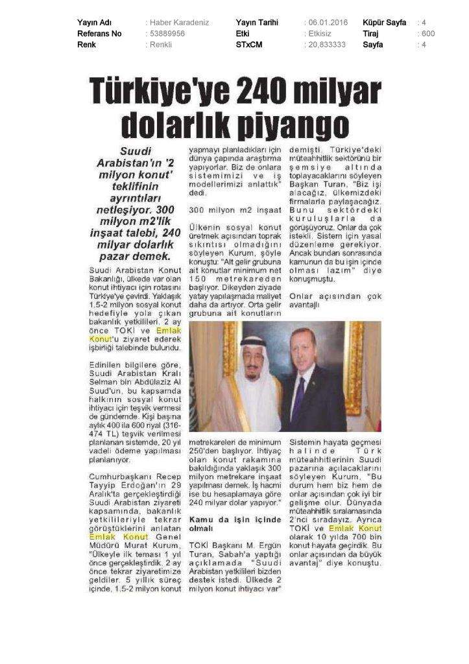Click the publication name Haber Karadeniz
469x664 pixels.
coord(179,22)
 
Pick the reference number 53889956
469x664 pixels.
coord(167,33)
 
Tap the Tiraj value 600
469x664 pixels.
coord(428,33)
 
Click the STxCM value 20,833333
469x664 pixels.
coord(327,44)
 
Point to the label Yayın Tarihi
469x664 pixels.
coord(257,22)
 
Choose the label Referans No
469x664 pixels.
coord(99,33)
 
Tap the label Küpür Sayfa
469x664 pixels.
coord(385,22)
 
